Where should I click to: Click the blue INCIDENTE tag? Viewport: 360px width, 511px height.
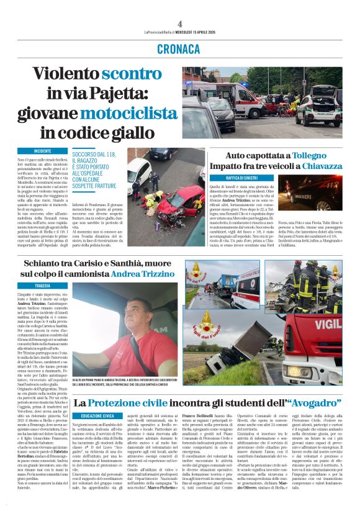[43, 151]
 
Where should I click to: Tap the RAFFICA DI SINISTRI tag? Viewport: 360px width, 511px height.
[250, 179]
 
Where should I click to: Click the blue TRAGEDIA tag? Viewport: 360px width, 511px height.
[43, 286]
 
